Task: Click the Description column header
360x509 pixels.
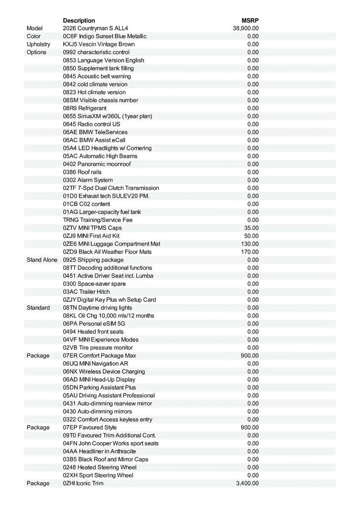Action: click(x=79, y=20)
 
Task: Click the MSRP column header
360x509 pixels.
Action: click(x=250, y=20)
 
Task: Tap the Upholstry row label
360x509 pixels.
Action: click(x=38, y=44)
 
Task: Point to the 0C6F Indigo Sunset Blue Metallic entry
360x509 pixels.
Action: click(x=104, y=36)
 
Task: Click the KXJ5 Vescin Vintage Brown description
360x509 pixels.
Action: click(x=98, y=44)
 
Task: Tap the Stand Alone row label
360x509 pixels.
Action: click(x=42, y=260)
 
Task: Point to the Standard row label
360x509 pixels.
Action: click(x=38, y=308)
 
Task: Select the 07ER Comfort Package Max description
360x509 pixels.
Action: click(x=99, y=355)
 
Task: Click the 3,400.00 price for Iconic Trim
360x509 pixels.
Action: click(x=247, y=483)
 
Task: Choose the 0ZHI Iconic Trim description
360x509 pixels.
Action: click(x=83, y=483)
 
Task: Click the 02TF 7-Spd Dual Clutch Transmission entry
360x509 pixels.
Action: click(x=111, y=188)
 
